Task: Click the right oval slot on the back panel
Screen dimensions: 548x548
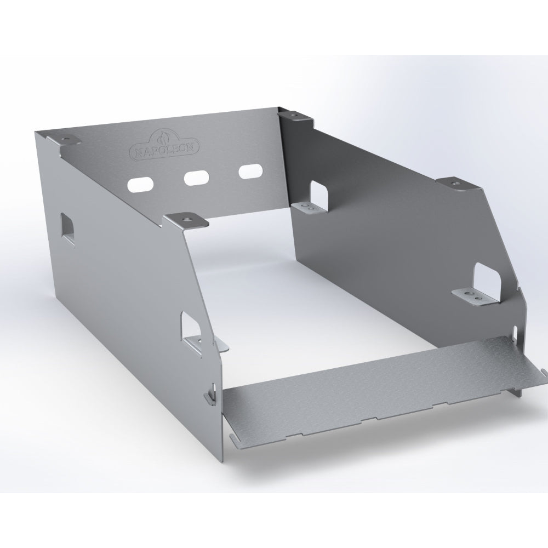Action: point(250,172)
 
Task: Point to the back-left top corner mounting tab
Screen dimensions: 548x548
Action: point(65,140)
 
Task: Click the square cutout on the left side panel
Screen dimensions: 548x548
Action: point(67,229)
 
